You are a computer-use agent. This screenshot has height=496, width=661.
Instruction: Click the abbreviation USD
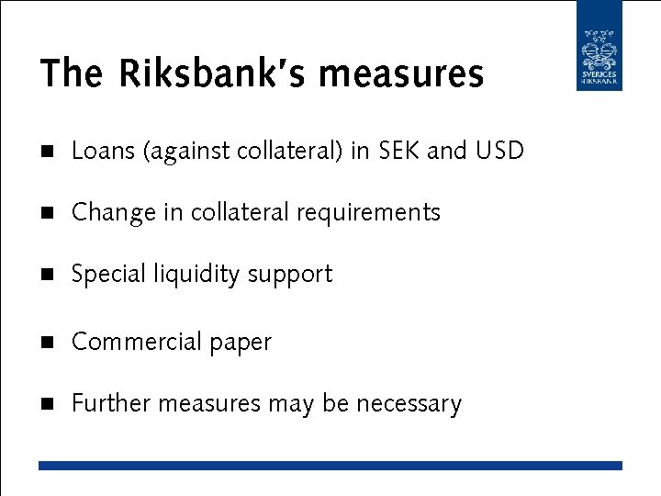click(499, 151)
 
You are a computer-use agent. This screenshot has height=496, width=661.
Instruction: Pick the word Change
click(114, 212)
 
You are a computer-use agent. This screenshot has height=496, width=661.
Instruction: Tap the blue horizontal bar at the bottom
click(330, 466)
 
